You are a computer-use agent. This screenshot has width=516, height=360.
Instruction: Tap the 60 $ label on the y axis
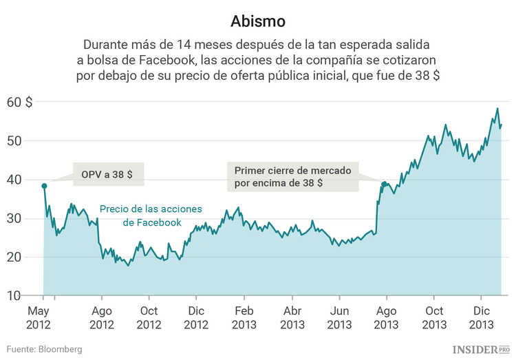point(19,102)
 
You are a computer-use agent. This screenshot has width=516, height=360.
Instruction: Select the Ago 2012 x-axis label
point(102,317)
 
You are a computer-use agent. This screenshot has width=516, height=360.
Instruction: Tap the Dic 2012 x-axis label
point(196,317)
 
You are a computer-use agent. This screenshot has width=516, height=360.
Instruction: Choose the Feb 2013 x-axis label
point(244,317)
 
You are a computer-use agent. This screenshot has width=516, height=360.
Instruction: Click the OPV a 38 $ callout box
point(107,175)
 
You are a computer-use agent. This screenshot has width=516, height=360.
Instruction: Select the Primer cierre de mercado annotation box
point(292,177)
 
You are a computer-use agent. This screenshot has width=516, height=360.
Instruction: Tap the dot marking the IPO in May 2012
point(44,186)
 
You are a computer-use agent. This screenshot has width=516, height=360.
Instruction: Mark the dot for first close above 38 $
point(384,184)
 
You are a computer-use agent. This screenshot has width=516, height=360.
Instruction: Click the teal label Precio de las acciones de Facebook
point(141,215)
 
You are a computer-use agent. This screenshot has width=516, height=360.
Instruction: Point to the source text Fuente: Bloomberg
point(45,349)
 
